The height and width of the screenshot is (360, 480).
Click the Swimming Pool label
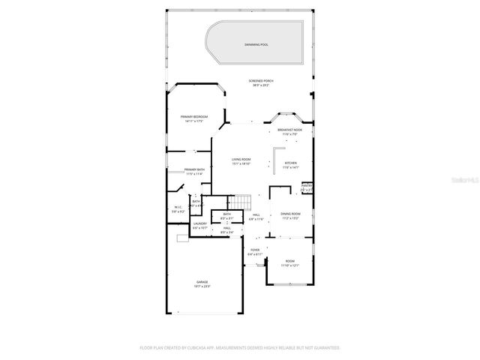pyautogui.click(x=256, y=45)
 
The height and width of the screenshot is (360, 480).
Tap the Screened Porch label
pyautogui.click(x=261, y=80)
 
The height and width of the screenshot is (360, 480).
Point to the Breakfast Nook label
pyautogui.click(x=289, y=130)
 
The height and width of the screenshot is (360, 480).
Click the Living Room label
pyautogui.click(x=241, y=160)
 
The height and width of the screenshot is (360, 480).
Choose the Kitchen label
pyautogui.click(x=290, y=163)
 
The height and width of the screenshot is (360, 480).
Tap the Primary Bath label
pyautogui.click(x=193, y=169)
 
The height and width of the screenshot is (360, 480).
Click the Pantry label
pyautogui.click(x=307, y=185)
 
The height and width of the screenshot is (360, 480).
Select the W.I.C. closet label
pyautogui.click(x=178, y=207)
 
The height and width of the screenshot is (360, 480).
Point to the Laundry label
pyautogui.click(x=199, y=223)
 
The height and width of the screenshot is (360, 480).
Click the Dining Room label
pyautogui.click(x=290, y=214)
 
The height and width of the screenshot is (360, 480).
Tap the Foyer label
pyautogui.click(x=255, y=250)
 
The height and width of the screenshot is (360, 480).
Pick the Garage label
pyautogui.click(x=202, y=282)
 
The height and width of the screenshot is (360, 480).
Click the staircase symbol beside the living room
pyautogui.click(x=239, y=202)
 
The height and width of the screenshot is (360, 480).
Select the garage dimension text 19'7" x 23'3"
pyautogui.click(x=202, y=286)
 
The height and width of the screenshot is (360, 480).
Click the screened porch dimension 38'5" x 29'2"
pyautogui.click(x=261, y=85)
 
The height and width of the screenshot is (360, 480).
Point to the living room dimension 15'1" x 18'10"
pyautogui.click(x=241, y=164)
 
